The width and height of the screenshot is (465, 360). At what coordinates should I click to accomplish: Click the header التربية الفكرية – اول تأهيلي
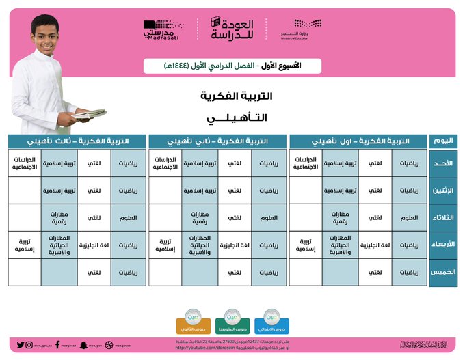point(358,141)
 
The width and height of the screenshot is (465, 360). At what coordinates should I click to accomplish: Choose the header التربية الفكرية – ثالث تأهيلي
point(77,141)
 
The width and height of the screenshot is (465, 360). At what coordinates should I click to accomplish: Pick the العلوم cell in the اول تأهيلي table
point(409,217)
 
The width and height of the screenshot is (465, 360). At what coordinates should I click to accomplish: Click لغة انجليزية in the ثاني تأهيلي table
point(234,245)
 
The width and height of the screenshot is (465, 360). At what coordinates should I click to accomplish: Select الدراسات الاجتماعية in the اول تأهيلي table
point(306,163)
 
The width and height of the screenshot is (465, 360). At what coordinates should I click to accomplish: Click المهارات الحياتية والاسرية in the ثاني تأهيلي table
point(200,245)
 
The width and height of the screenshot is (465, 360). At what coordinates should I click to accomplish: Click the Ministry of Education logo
point(294,29)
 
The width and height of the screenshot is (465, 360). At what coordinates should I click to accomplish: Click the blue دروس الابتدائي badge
point(271,320)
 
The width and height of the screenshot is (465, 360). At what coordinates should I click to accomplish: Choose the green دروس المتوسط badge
point(231,320)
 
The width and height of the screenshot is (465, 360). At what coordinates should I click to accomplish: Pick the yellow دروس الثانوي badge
point(192,320)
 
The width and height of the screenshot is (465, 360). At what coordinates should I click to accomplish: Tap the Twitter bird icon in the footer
point(21,345)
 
